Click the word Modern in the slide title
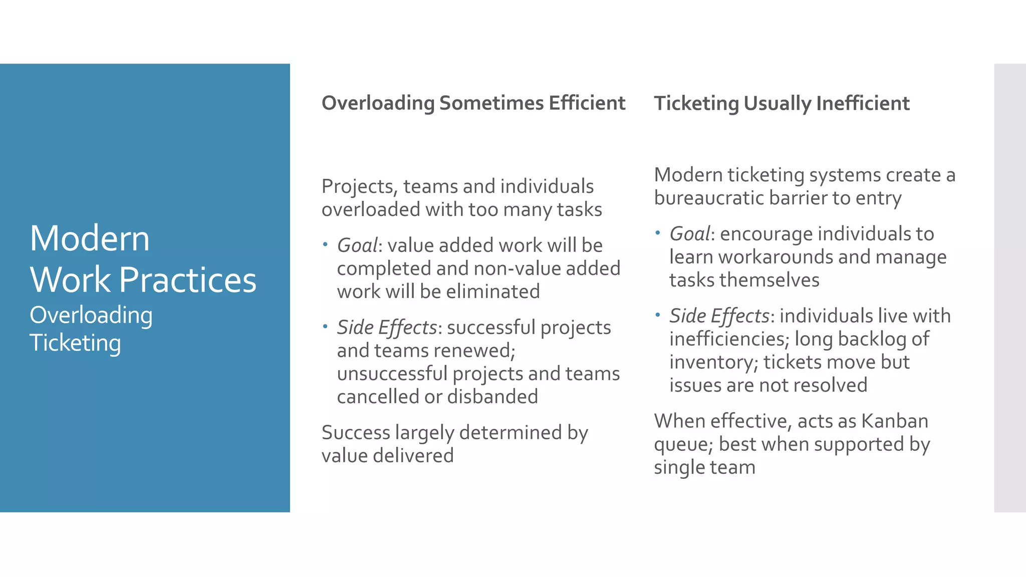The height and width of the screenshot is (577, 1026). (90, 238)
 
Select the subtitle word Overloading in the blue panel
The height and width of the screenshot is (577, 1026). (91, 316)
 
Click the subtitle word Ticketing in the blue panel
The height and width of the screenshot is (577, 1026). (75, 343)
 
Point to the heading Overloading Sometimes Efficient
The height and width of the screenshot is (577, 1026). (473, 103)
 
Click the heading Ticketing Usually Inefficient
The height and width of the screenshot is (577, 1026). (782, 104)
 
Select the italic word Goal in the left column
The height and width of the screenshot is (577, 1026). (357, 245)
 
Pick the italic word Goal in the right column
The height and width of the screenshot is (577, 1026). (689, 234)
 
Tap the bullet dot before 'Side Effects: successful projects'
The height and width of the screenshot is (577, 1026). (325, 327)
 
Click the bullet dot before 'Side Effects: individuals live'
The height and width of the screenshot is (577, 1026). (658, 315)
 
